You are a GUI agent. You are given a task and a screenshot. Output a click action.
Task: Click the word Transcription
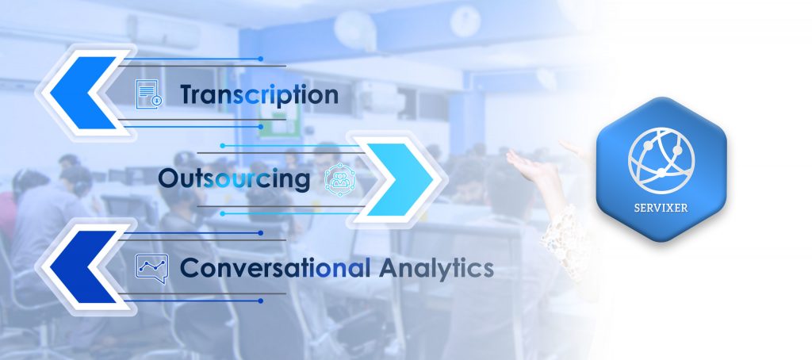click(259, 95)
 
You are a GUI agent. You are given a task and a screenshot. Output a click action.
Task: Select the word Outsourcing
click(234, 178)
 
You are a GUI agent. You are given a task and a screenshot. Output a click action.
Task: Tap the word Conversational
click(275, 268)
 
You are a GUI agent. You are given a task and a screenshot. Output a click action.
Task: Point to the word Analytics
click(436, 269)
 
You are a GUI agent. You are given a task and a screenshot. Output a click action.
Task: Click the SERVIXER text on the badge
click(661, 208)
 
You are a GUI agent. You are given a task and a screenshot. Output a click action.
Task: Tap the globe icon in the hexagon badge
click(661, 154)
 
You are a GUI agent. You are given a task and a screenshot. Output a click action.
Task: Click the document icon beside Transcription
click(148, 94)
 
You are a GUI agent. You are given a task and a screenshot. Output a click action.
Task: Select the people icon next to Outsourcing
click(340, 178)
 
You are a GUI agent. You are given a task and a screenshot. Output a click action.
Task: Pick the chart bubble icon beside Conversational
click(151, 268)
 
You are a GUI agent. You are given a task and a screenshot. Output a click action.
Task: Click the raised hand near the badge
click(534, 167)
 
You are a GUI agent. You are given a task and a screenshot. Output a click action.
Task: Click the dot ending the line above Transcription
click(260, 59)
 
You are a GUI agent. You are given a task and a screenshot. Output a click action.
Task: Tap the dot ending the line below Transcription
click(260, 126)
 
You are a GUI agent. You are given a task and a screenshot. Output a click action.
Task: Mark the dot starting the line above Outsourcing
click(223, 146)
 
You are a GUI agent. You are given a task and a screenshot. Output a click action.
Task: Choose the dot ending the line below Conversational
click(260, 301)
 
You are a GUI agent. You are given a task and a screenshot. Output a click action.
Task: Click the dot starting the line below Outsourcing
click(223, 213)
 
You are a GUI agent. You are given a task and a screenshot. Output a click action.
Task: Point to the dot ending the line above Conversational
click(260, 233)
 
